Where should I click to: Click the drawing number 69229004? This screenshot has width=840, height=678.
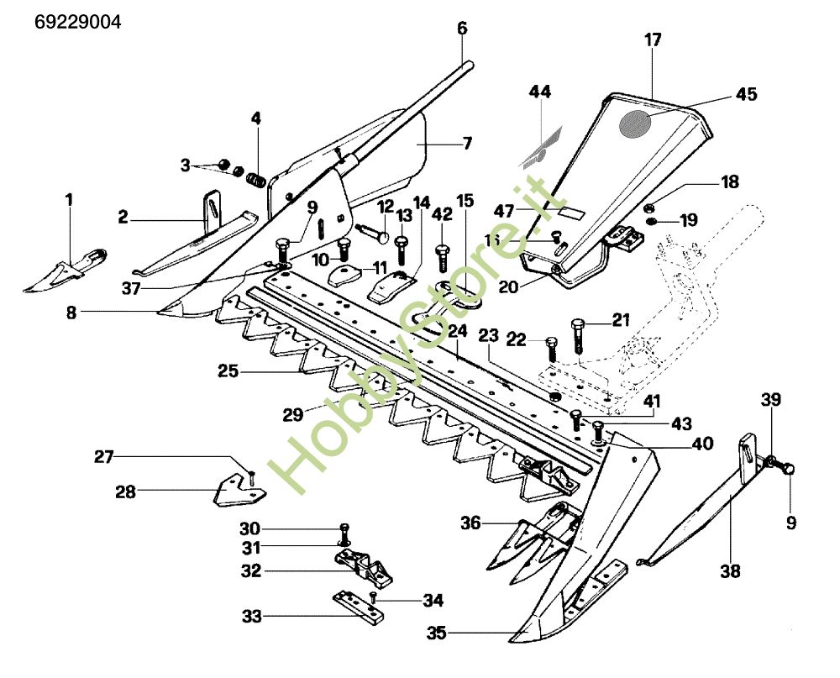click(x=78, y=22)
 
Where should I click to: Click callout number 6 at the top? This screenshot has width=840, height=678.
click(x=462, y=28)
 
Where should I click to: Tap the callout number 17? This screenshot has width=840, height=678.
click(x=654, y=39)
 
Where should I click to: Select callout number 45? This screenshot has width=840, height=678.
click(x=746, y=94)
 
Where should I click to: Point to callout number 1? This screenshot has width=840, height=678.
click(x=69, y=200)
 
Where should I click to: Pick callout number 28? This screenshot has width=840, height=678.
click(x=125, y=491)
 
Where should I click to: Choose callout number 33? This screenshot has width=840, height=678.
click(x=252, y=616)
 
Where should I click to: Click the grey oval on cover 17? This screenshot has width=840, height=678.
click(x=635, y=124)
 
